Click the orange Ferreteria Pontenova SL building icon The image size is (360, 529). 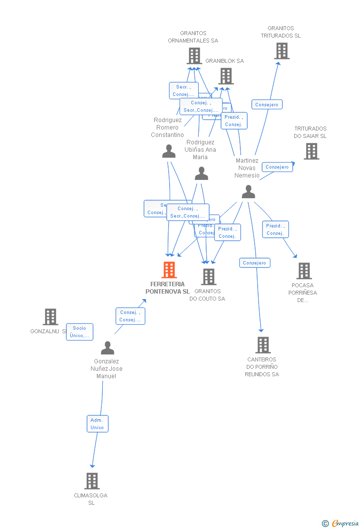point(169,270)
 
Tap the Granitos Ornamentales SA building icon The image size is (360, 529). point(194,56)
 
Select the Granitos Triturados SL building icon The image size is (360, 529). point(281,51)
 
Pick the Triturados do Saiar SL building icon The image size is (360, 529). point(311,151)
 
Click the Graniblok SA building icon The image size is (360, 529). point(226,76)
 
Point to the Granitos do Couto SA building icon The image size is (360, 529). point(209,277)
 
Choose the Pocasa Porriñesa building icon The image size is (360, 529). point(304,271)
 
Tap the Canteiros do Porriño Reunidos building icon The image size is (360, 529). point(263,345)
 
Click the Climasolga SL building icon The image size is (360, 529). point(91,481)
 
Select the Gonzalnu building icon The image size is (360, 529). point(50,317)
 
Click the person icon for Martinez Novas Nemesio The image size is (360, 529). point(248,192)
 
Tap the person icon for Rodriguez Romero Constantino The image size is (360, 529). point(169,152)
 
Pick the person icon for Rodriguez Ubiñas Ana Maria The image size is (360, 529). point(201,174)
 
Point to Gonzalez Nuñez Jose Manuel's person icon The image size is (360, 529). point(107,348)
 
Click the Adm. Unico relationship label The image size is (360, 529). point(97,424)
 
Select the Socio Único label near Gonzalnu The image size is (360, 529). point(80,332)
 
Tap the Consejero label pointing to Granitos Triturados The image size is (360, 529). point(267,105)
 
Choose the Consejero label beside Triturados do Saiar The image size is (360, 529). point(277,167)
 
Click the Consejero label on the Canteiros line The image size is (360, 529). point(255,263)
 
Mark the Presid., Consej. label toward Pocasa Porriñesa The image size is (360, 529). point(275,229)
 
